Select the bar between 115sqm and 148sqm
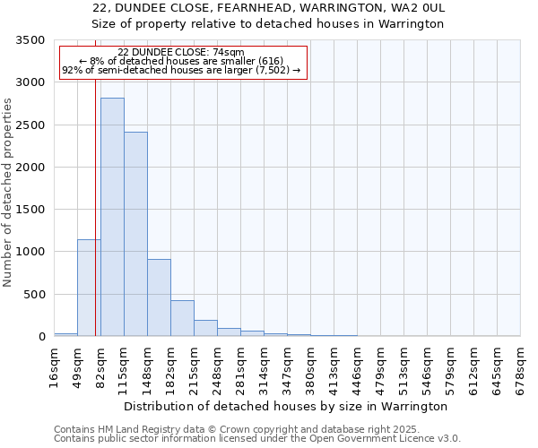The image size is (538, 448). coord(135,234)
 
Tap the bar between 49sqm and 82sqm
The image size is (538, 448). coord(89,288)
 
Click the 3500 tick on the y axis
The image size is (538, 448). coord(30,40)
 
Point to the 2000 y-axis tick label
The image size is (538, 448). coord(30,168)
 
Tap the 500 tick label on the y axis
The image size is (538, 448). coord(34,295)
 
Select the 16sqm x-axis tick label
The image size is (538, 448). coord(54,364)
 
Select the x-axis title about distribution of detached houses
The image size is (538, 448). coord(286,407)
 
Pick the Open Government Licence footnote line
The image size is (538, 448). coord(257,439)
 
